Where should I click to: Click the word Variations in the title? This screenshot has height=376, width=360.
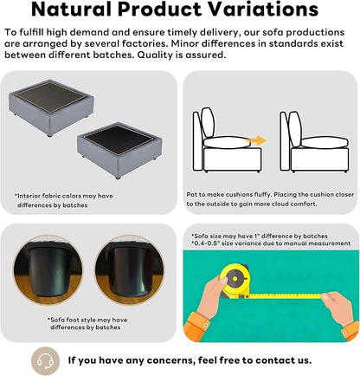(x=263, y=10)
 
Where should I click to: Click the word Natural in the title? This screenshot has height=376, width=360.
(x=71, y=10)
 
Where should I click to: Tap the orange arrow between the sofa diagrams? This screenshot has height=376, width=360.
(x=257, y=140)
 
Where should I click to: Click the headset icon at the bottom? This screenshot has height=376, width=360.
(x=45, y=361)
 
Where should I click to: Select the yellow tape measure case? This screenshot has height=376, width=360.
(x=235, y=280)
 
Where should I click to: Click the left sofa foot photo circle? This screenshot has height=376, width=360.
(x=48, y=270)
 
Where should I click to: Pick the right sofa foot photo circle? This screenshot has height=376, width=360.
(x=130, y=270)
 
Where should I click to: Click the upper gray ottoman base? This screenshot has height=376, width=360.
(x=51, y=107)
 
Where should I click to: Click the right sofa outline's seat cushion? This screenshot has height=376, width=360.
(x=324, y=142)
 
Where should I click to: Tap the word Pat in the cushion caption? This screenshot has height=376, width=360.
(x=192, y=195)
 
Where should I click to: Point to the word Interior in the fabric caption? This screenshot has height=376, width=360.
(x=29, y=196)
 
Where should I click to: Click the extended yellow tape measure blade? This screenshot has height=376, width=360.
(x=285, y=295)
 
